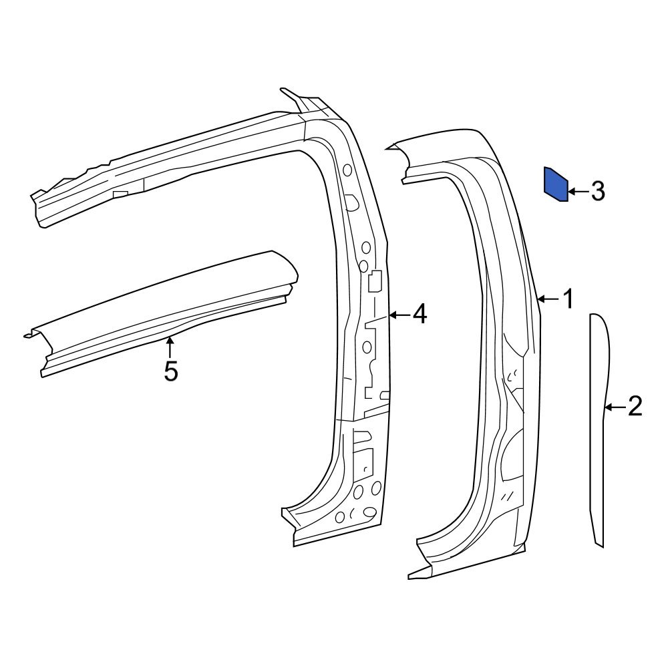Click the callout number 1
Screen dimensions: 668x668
tap(568, 299)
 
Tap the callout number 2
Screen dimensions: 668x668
tap(634, 406)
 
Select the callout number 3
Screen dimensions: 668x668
tap(597, 192)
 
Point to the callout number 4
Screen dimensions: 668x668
tap(419, 314)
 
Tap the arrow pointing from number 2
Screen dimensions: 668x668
tap(615, 406)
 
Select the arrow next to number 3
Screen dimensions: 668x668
tap(578, 192)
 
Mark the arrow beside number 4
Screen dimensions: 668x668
tap(399, 314)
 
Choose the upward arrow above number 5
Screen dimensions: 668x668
tap(170, 347)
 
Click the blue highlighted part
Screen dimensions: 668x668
tap(556, 184)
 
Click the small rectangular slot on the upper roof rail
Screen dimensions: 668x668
tap(120, 194)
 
